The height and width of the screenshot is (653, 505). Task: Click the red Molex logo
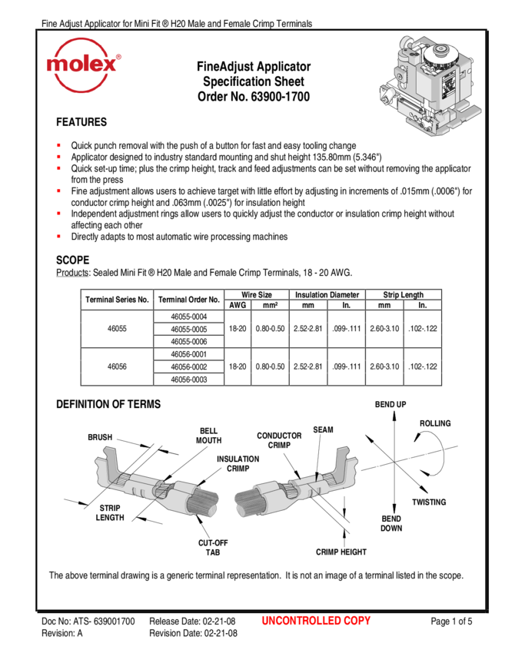click(83, 65)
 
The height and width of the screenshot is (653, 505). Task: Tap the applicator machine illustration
click(430, 85)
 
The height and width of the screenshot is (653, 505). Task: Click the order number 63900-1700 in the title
click(281, 97)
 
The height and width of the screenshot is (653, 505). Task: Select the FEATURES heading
click(81, 122)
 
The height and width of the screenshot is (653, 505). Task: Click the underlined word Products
click(72, 273)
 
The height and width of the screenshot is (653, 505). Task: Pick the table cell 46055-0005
click(189, 329)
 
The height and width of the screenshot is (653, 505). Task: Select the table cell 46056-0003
click(189, 380)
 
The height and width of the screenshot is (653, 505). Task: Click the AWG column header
click(238, 305)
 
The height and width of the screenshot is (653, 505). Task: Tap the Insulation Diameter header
click(327, 295)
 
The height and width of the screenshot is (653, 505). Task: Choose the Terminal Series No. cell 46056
click(117, 366)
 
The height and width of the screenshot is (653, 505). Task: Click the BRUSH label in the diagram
click(100, 437)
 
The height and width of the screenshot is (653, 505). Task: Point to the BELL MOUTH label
click(209, 436)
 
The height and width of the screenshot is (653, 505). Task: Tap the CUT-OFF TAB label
click(213, 548)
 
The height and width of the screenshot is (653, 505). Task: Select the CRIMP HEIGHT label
click(341, 552)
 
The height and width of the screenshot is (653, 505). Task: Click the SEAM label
click(324, 429)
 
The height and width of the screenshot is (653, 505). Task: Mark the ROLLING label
click(435, 423)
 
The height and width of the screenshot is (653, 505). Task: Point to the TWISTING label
click(429, 502)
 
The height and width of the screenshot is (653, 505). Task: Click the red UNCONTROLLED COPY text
click(316, 621)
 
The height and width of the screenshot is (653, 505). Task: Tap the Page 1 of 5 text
click(451, 622)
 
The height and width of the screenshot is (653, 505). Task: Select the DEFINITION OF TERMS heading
click(108, 404)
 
